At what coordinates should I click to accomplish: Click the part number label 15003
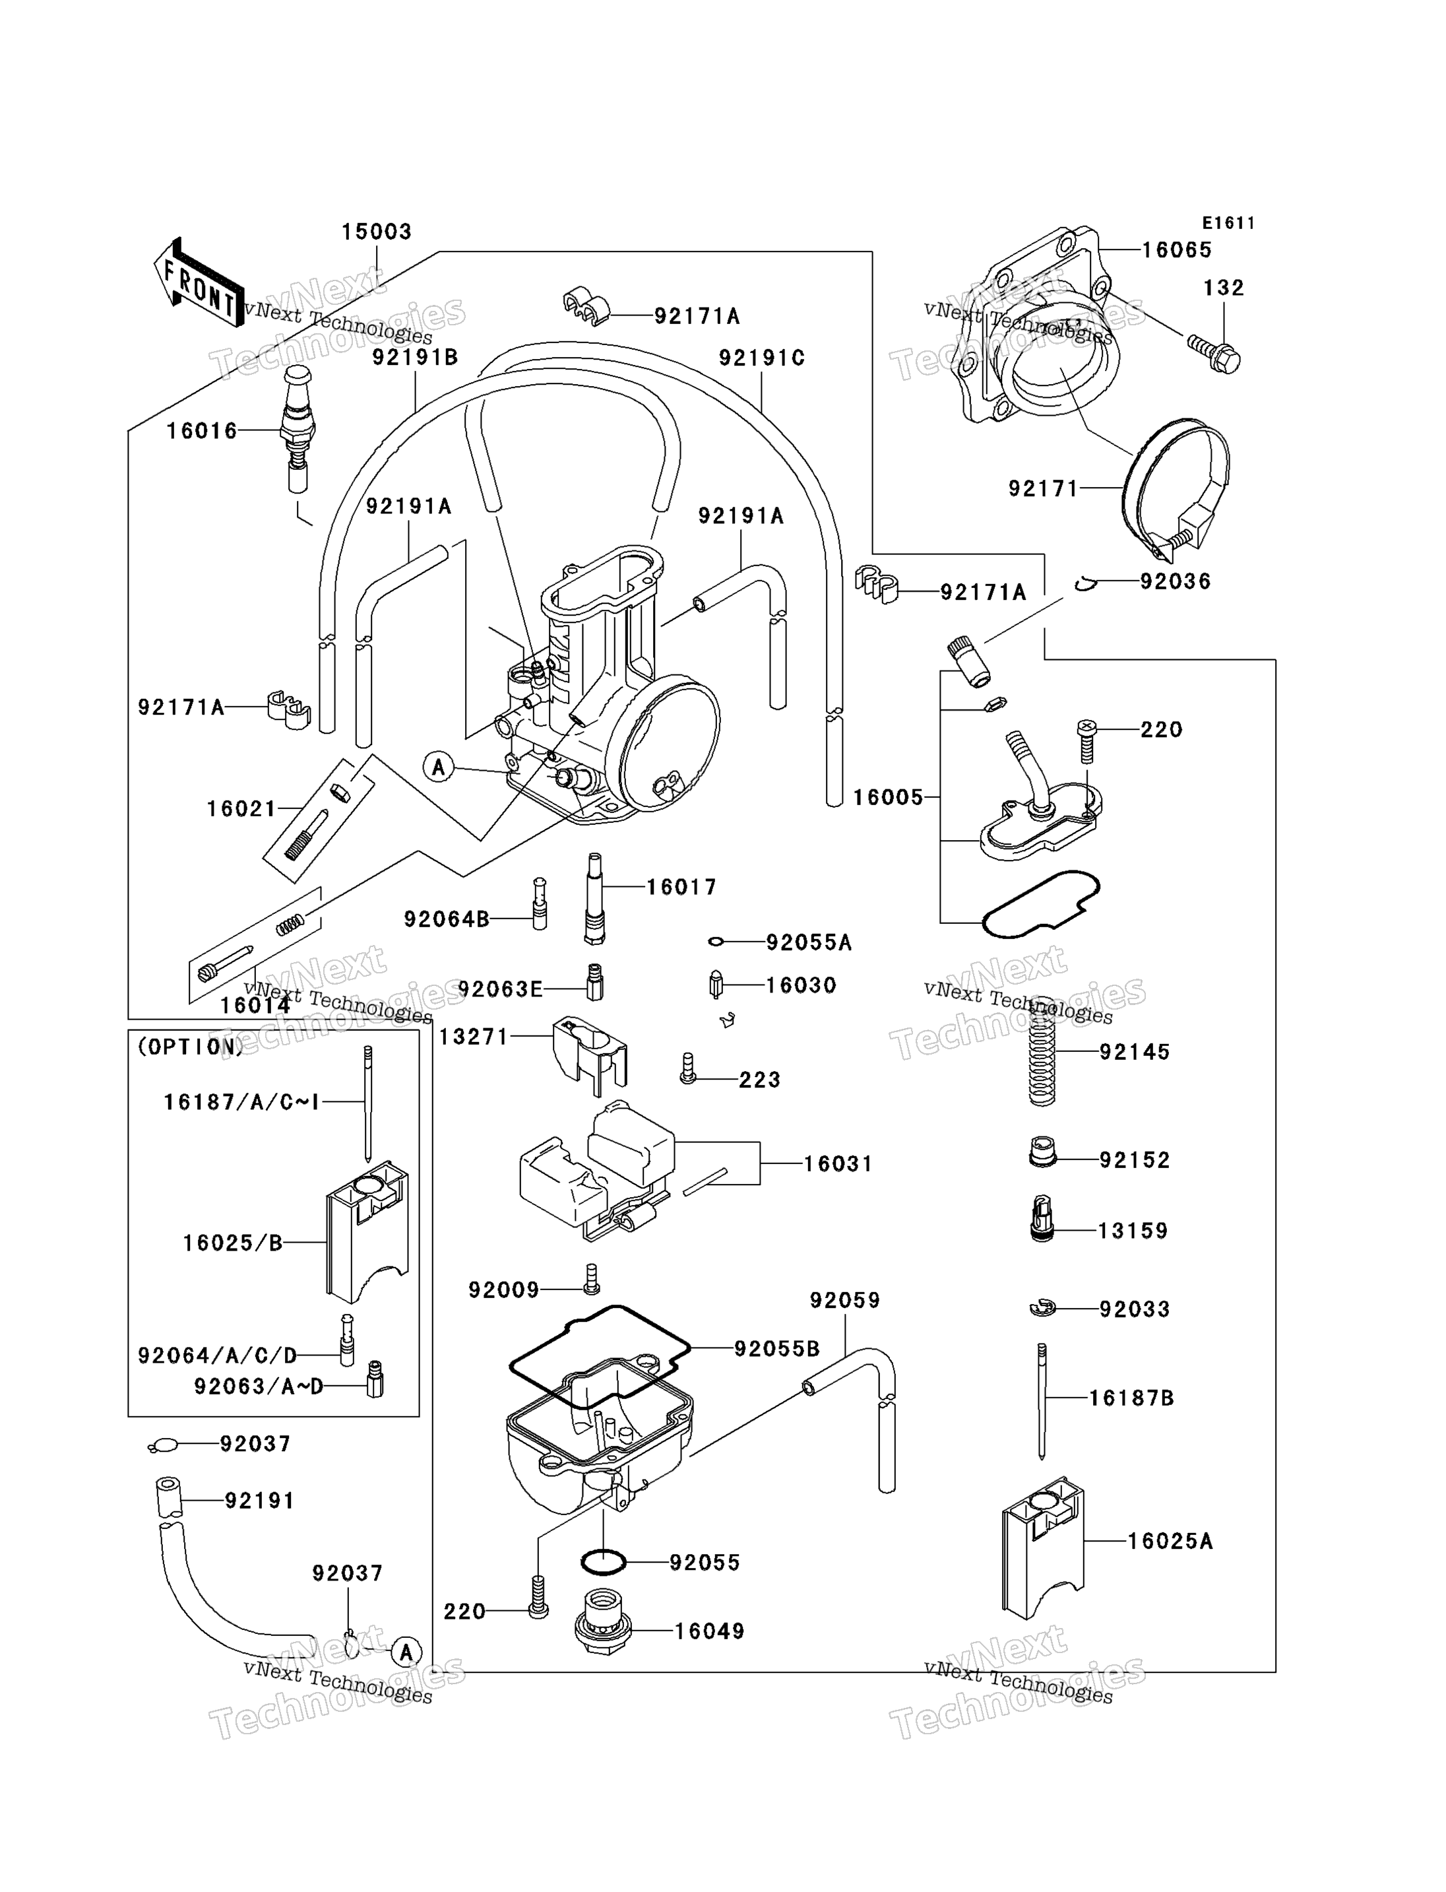[377, 232]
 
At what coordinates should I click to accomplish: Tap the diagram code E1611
[1228, 223]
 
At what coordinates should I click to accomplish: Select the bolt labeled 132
[1214, 353]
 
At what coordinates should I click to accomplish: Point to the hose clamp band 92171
[1176, 488]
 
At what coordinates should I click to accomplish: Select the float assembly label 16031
[838, 1164]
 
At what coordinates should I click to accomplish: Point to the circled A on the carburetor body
[439, 766]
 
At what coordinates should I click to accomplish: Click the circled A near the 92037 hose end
[406, 1652]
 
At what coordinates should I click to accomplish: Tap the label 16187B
[1132, 1398]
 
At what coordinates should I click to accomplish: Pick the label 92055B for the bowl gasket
[777, 1349]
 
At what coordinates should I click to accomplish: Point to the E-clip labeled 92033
[1042, 1308]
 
